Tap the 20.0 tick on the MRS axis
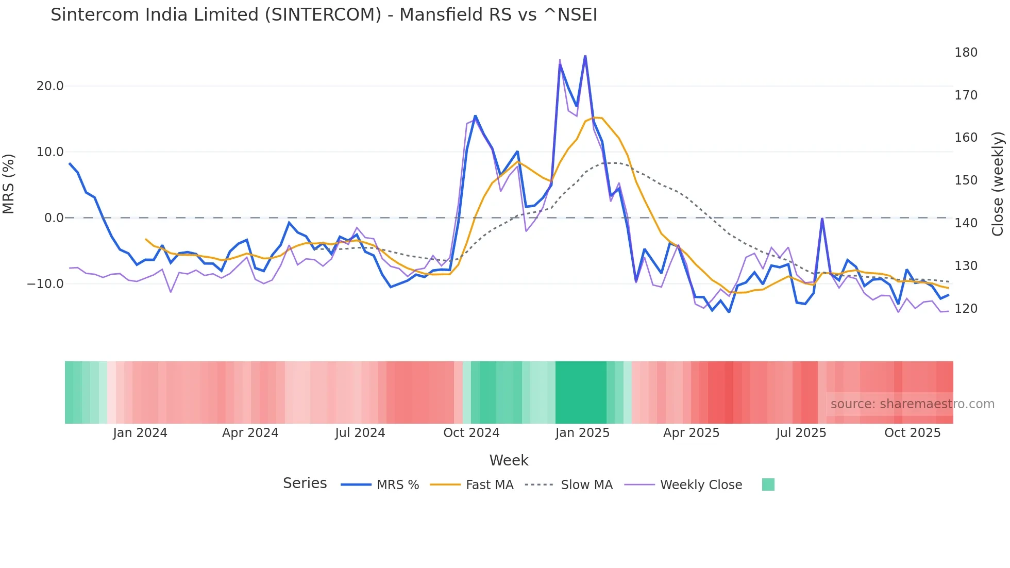(50, 86)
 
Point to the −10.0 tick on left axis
(46, 284)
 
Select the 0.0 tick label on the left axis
(54, 218)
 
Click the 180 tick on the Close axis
(966, 53)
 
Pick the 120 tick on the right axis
(966, 309)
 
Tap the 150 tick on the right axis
(966, 180)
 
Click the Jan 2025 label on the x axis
(582, 433)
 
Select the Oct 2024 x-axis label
(471, 433)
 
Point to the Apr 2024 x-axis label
(250, 433)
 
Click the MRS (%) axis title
(9, 184)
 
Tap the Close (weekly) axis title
(998, 184)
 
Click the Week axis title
(509, 460)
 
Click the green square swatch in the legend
(768, 485)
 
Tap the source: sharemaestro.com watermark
(912, 404)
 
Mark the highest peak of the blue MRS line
(585, 56)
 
